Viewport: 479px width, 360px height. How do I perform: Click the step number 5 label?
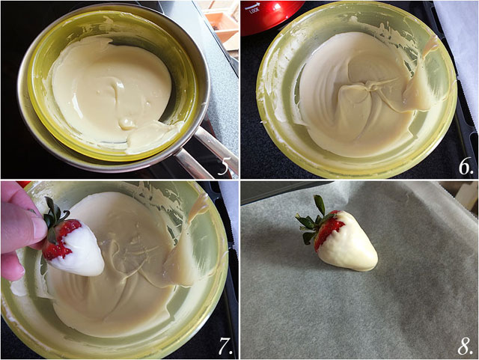[224, 165]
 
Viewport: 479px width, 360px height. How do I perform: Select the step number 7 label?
[224, 346]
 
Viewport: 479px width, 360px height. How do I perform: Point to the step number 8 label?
[464, 346]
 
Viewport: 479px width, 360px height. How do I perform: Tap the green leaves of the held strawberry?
[52, 213]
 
